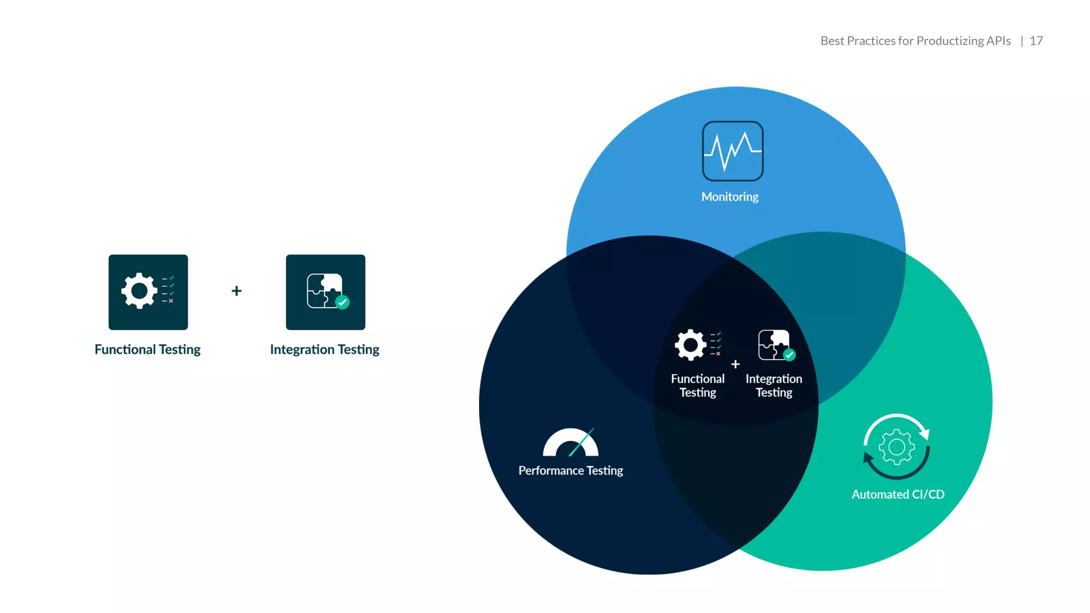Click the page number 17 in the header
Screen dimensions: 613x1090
(1036, 41)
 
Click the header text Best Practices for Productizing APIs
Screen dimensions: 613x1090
(915, 41)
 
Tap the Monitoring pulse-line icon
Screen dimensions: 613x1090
(732, 151)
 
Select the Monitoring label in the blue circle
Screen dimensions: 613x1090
(730, 197)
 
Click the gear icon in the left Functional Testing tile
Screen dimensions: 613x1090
(139, 291)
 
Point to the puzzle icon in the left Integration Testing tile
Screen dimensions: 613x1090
(324, 291)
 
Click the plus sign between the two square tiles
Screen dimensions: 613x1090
(237, 291)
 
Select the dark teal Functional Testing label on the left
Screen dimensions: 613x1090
(147, 350)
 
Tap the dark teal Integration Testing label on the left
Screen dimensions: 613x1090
(325, 350)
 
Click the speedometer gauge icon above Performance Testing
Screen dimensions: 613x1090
(571, 443)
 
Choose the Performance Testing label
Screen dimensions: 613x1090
(571, 470)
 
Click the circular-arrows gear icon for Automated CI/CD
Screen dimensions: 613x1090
(897, 447)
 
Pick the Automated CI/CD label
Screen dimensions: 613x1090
(898, 494)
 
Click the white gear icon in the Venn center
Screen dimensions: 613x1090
(690, 345)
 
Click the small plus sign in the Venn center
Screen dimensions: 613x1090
(736, 365)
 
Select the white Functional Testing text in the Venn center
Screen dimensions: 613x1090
(698, 386)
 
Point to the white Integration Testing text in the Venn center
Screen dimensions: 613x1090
(774, 386)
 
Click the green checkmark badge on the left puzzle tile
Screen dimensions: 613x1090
(342, 302)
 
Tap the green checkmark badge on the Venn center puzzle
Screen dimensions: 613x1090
(789, 355)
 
